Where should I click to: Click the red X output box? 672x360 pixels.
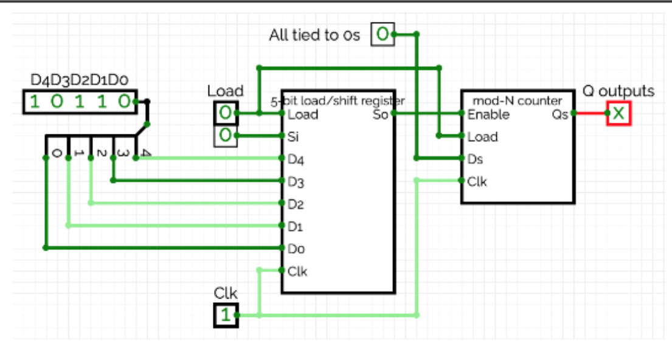[618, 113]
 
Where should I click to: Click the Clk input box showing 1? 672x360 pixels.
[226, 314]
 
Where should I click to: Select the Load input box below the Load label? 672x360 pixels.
[225, 113]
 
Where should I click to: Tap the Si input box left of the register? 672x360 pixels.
[225, 136]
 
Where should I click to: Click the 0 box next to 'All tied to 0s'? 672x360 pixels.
[383, 35]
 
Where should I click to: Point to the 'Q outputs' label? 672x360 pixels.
[618, 91]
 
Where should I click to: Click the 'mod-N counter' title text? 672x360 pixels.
[516, 100]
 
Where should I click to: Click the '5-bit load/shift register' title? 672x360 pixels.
[338, 100]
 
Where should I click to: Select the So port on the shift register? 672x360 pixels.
[379, 114]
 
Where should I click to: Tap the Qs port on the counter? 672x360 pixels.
[559, 114]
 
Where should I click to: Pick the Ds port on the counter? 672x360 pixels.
[476, 159]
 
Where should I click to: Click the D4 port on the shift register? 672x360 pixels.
[296, 159]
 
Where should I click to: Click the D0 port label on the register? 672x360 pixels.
[296, 248]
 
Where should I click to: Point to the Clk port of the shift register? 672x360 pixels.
[297, 271]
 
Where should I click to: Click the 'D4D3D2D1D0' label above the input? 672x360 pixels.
[80, 80]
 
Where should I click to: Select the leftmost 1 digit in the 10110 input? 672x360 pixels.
[35, 102]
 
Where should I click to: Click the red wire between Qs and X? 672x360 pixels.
[589, 113]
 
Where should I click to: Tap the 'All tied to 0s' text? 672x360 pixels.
[314, 35]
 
